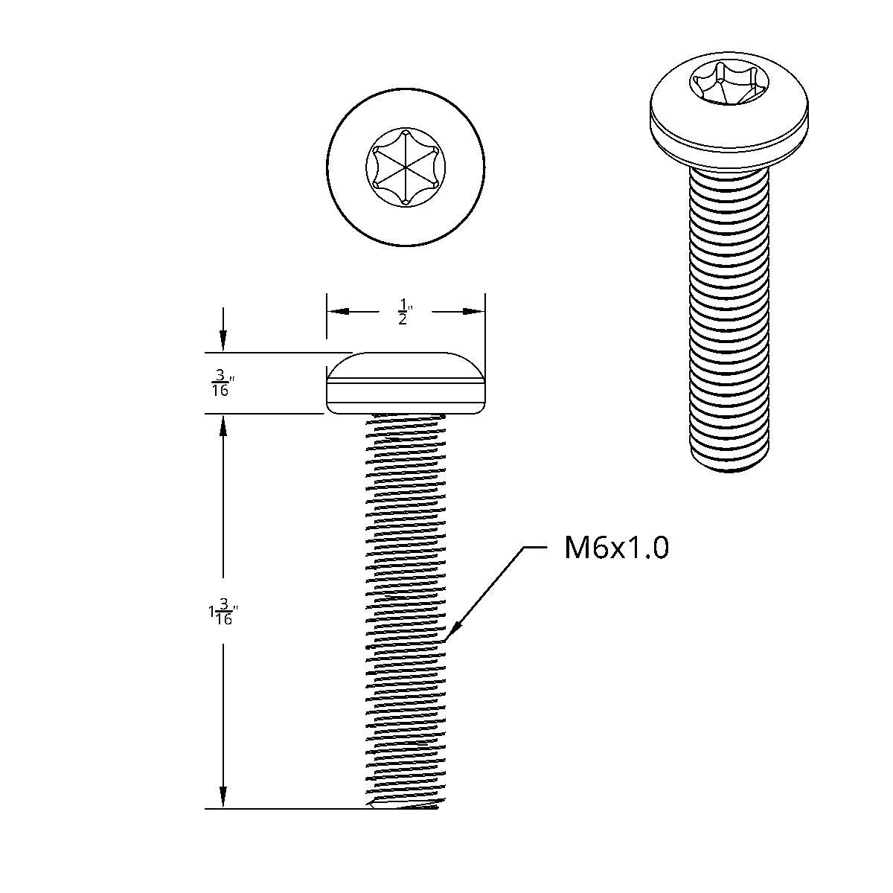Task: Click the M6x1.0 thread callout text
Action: point(616,548)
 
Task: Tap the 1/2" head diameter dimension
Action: point(404,312)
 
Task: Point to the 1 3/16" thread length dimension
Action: point(221,613)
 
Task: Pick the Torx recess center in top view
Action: point(406,165)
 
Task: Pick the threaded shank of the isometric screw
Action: point(729,313)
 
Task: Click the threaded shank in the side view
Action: point(406,595)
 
